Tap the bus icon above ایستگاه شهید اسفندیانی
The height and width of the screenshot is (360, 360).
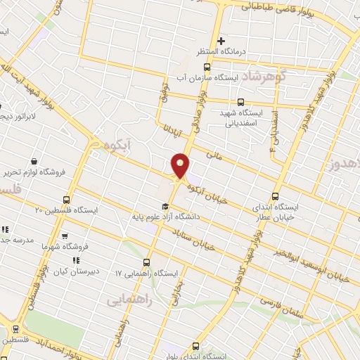[241, 102]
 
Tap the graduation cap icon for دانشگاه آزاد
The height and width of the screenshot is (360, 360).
[165, 206]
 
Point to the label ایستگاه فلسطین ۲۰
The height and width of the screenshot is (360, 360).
[67, 210]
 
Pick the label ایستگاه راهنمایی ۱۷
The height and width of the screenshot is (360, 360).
[149, 271]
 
